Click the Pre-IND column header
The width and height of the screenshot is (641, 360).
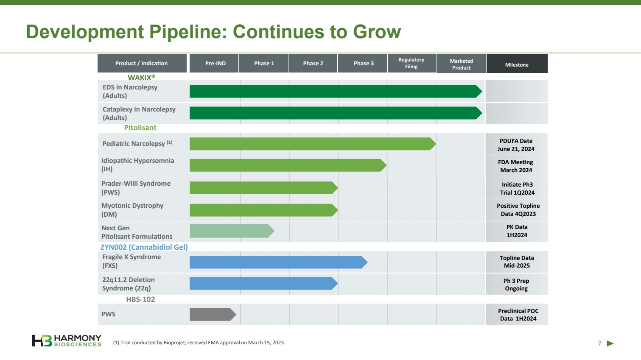point(215,63)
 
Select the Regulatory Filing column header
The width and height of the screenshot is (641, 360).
point(411,63)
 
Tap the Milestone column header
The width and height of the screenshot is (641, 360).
point(517,64)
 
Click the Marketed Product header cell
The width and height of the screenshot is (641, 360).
point(461,64)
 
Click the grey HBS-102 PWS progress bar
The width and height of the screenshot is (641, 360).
point(212,314)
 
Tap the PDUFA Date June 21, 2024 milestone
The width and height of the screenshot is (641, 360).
point(516,145)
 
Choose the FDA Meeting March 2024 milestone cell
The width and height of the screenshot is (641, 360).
point(516,166)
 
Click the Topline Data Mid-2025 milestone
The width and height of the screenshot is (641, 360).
point(516,262)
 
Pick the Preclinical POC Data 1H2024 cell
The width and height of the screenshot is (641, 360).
point(518,315)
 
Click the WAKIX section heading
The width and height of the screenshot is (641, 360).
point(141,77)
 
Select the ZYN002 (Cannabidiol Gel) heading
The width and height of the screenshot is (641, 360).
point(144,247)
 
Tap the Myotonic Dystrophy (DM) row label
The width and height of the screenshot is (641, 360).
point(132,209)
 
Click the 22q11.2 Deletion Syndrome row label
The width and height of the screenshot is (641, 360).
point(128,284)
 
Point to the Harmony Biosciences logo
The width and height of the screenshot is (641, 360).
point(67,340)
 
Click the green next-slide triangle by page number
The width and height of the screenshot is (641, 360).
point(610,343)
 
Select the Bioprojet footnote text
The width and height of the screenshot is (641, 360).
point(199,343)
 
